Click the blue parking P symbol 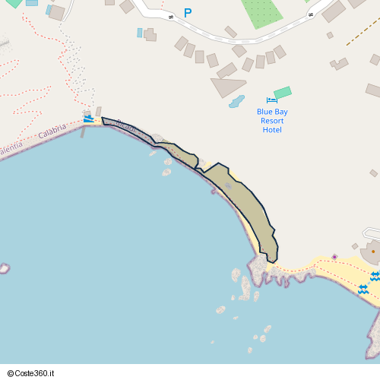point(188,13)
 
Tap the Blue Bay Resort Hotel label point(272,120)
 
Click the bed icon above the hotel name point(272,100)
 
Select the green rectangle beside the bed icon point(283,93)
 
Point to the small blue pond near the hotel point(237,101)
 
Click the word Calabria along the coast point(52,131)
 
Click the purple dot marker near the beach point(334,257)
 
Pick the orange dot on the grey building point(372,251)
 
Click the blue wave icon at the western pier point(89,118)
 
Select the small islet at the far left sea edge point(4,268)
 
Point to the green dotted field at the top point(261,11)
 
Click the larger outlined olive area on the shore point(245,204)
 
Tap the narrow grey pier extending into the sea point(83,131)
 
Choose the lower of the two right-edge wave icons point(363,289)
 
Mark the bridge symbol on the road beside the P point(171,16)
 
